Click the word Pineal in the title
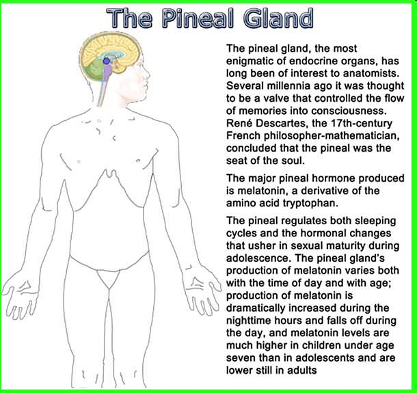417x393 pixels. click(x=198, y=18)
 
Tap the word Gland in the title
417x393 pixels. click(x=278, y=18)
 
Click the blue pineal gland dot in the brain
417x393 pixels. click(x=107, y=61)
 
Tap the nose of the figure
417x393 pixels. click(x=148, y=76)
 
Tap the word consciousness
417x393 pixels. click(x=349, y=111)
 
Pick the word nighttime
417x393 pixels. click(x=249, y=321)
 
